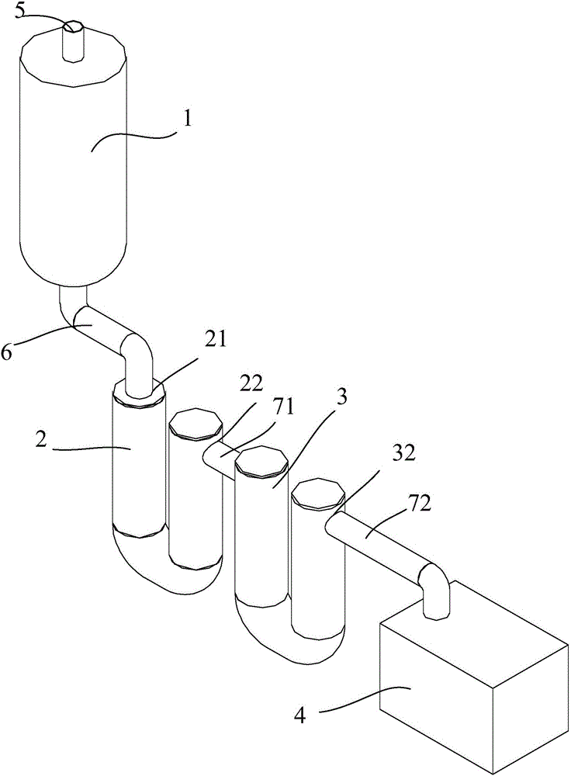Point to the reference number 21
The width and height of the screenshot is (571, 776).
tap(214, 341)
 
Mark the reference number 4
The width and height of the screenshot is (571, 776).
tap(299, 715)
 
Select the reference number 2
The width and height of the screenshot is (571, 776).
tap(41, 439)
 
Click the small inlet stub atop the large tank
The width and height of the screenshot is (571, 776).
tap(73, 41)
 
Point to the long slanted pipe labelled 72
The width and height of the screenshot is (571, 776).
tap(377, 540)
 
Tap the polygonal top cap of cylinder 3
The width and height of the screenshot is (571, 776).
tap(261, 462)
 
